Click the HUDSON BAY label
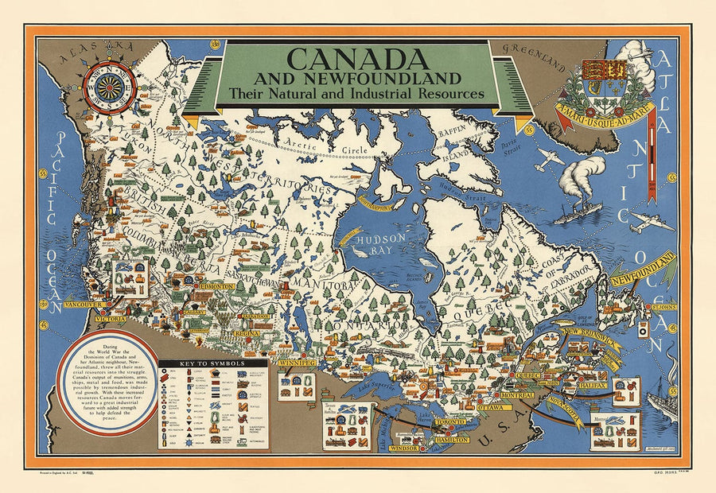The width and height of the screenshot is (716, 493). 381,243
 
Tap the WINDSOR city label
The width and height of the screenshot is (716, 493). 405,448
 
